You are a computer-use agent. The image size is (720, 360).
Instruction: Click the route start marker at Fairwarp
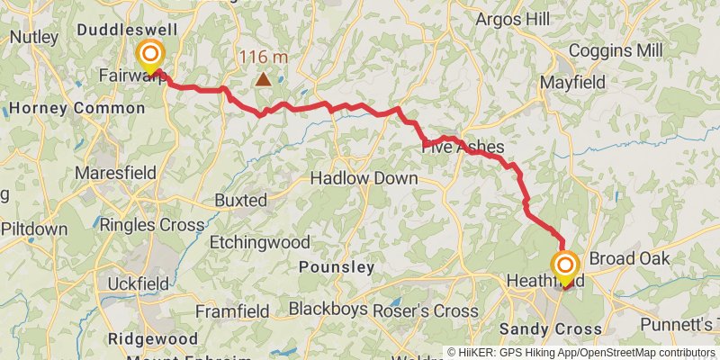149,56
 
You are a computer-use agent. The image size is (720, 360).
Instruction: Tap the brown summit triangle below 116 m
263,79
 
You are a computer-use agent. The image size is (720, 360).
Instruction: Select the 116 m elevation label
263,58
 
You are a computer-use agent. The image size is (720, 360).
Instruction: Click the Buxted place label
240,200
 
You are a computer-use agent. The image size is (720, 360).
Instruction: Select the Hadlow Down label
364,178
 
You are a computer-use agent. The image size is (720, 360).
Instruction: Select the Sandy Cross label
550,329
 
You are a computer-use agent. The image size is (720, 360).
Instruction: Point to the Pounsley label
336,267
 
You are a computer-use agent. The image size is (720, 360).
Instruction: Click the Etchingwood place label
260,242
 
